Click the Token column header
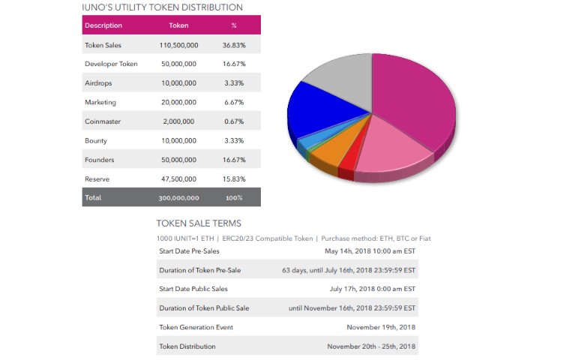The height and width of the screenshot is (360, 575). coord(178,25)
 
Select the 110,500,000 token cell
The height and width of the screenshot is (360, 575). coord(178,45)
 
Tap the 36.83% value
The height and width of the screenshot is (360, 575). coord(234,45)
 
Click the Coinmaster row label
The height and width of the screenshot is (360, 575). coord(103,121)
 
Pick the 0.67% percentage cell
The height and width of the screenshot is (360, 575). coord(234,121)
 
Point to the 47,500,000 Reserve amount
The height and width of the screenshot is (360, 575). coord(178,179)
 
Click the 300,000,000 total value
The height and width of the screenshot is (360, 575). coord(178,198)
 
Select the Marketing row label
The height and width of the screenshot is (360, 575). coord(100,103)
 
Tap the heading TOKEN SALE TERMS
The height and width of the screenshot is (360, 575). coord(199,223)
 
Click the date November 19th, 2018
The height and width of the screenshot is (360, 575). coord(381,327)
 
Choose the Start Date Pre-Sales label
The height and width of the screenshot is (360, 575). coord(189,251)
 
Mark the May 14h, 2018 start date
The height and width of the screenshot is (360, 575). coord(370,251)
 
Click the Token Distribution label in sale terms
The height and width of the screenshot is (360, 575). coord(187,346)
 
